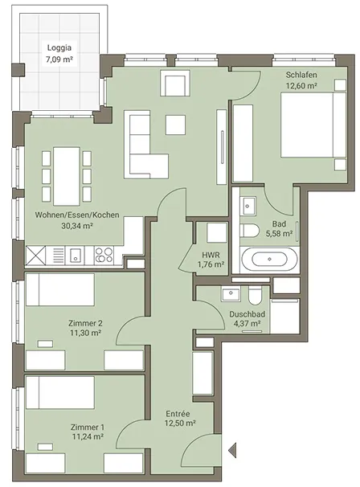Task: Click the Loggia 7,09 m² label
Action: [59, 53]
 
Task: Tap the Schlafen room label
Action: [301, 75]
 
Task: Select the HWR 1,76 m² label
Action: [211, 260]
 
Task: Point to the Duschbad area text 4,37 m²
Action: [247, 323]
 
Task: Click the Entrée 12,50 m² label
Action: [180, 419]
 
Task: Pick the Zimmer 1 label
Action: [88, 427]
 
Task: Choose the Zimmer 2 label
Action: [85, 323]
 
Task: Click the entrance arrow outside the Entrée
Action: [232, 450]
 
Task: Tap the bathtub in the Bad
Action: [269, 260]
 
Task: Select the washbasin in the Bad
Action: [247, 206]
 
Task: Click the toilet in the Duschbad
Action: [256, 296]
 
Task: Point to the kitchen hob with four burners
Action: [104, 256]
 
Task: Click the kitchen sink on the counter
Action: [76, 256]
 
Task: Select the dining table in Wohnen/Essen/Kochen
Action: [67, 176]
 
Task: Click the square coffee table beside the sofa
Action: [175, 125]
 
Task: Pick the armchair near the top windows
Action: [175, 84]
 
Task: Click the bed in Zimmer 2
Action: [60, 289]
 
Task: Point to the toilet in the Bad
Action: [250, 231]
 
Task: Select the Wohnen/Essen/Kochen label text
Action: [77, 215]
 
